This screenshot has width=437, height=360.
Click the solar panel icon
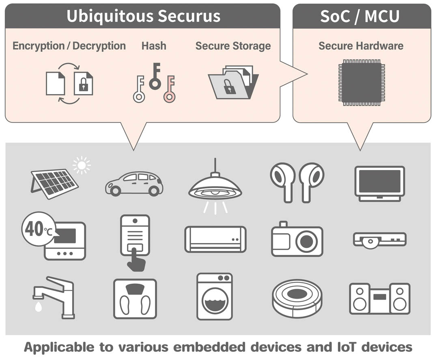55,183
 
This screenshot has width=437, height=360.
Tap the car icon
134,183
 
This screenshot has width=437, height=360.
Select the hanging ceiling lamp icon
215,187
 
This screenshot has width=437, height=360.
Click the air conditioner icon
215,239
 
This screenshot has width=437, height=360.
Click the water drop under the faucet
39,307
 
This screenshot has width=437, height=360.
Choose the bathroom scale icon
135,298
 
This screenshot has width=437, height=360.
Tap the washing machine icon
215,296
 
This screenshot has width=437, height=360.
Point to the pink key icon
170,89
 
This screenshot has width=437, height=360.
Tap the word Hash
154,46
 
